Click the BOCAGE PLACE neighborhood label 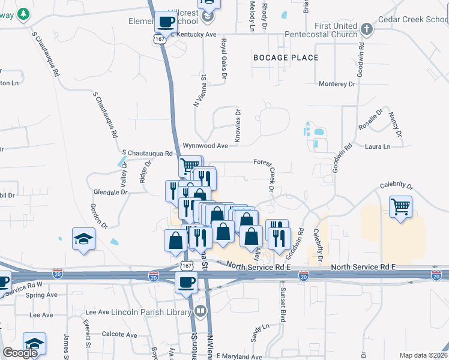(286, 58)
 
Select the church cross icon (367, 28)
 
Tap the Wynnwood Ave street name (206, 146)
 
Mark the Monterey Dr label (337, 84)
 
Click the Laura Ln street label (378, 146)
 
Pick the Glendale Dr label (111, 192)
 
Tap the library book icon (199, 311)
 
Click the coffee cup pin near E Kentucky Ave (166, 23)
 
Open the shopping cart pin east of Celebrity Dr (400, 207)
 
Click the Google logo (20, 353)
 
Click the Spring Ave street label (42, 295)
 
